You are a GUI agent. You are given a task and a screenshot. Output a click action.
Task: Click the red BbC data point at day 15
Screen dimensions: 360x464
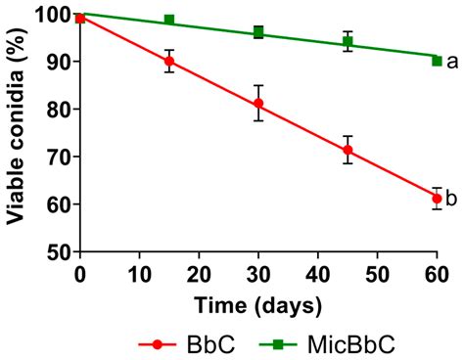tap(169, 61)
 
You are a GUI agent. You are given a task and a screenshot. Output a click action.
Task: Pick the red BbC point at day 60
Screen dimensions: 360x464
tap(437, 199)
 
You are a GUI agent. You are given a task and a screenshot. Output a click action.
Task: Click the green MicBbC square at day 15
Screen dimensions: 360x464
tap(169, 21)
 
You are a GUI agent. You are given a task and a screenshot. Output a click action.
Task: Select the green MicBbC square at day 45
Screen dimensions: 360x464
tap(348, 42)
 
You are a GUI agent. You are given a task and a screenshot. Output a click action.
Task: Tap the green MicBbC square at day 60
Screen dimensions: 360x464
tap(437, 61)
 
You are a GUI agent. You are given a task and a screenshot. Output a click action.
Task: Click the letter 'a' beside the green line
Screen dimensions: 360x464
tap(452, 63)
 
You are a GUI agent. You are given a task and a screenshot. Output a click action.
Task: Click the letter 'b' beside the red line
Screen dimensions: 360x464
tap(452, 199)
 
